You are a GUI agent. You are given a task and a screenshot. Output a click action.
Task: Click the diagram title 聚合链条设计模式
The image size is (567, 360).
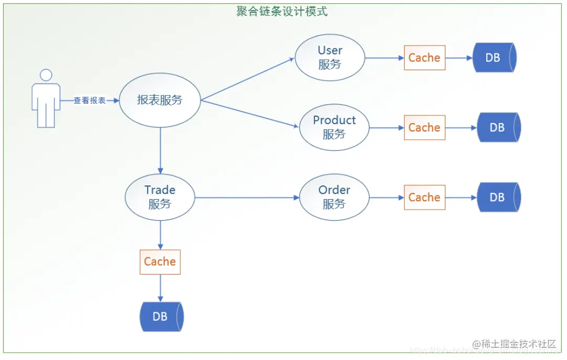pos(282,11)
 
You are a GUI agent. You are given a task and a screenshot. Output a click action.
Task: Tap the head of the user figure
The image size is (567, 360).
pos(46,75)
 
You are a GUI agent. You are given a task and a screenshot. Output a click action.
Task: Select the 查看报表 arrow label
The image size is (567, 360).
pos(89,101)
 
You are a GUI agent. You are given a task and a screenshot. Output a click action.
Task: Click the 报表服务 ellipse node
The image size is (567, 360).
pos(160,100)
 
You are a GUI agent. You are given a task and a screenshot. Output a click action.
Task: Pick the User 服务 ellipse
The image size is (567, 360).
pos(330,58)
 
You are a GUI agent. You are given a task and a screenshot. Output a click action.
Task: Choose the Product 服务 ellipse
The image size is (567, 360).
pos(334,127)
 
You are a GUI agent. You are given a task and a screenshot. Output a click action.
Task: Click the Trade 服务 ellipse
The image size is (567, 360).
pos(160,197)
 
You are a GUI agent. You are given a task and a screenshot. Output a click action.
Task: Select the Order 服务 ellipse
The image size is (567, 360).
pos(334,197)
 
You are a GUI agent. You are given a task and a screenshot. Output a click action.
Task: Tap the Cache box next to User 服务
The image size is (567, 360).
pos(424,58)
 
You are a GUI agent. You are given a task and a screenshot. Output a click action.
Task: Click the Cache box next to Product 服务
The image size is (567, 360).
pos(424,127)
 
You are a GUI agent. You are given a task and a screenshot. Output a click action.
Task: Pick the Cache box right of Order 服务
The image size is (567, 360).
pos(424,198)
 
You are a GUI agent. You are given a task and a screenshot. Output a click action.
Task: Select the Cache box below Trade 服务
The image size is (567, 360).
pos(160,261)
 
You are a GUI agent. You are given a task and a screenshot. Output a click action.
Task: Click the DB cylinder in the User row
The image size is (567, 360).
pos(494,58)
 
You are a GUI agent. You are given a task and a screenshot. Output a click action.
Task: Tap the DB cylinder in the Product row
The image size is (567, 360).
pos(498,127)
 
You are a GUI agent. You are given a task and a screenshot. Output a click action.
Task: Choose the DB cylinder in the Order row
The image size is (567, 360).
pos(498,198)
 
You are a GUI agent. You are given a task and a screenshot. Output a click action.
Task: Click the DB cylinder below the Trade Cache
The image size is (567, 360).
pos(161,317)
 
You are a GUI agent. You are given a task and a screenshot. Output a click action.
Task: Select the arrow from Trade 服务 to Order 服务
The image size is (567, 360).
pos(246,198)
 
